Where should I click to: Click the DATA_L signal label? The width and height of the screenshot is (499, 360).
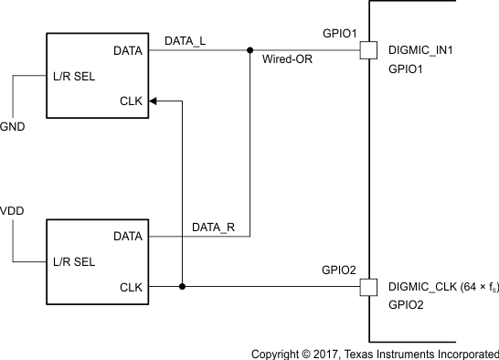[185, 41]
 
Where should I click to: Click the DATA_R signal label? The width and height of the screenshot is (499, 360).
[214, 226]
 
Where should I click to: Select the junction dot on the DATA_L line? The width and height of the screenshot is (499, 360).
[249, 51]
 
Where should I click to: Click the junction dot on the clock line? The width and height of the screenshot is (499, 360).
[183, 287]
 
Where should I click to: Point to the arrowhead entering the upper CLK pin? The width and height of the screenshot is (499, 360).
[153, 101]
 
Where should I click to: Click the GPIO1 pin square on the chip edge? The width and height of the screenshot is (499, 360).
[367, 51]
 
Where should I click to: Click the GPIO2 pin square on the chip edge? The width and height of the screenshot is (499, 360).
[367, 287]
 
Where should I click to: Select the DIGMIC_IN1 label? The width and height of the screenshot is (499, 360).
[423, 51]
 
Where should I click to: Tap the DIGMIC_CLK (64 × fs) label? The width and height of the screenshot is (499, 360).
[443, 287]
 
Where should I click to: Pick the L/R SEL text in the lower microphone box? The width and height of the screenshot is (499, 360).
[77, 262]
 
